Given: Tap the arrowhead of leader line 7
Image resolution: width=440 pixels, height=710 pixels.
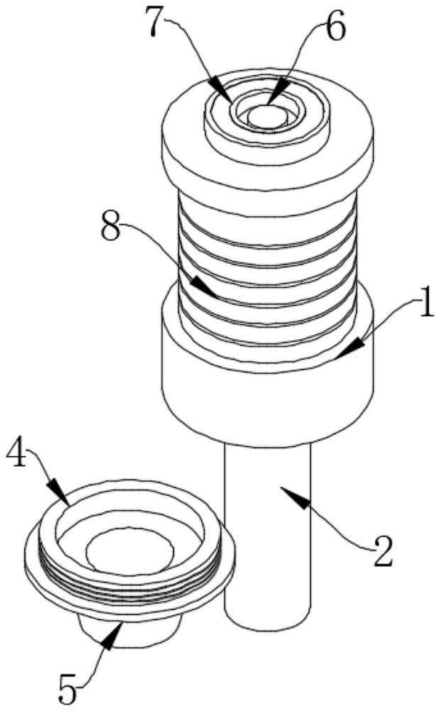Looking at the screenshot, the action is [x=225, y=97].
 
